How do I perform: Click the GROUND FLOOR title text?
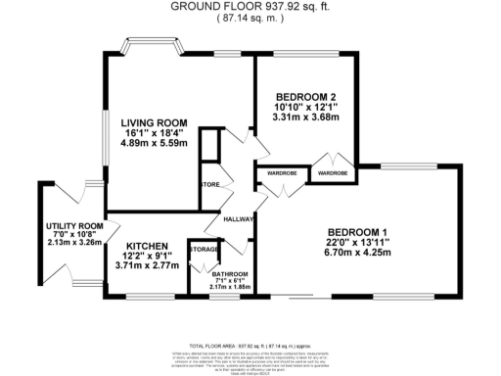[x=250, y=6]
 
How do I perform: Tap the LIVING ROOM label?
[x=154, y=122]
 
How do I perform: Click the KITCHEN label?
[x=142, y=246]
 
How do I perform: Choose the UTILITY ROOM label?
[x=74, y=226]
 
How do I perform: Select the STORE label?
[x=209, y=183]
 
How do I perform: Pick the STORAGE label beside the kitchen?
[x=204, y=248]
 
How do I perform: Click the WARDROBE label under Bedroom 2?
[x=332, y=173]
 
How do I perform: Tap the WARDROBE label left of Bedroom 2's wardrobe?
[x=282, y=173]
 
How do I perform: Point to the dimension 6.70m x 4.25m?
[x=358, y=252]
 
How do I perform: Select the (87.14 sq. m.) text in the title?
[x=250, y=19]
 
